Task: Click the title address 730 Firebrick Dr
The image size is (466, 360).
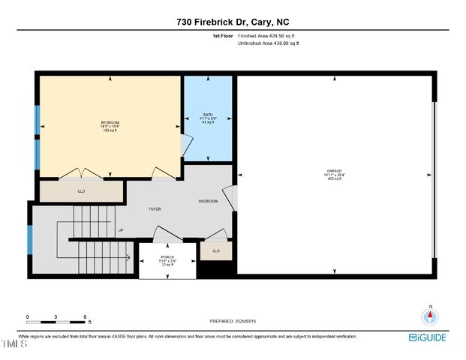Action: (233, 22)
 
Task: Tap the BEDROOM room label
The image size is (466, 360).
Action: (110, 122)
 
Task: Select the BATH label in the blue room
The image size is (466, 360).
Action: (208, 115)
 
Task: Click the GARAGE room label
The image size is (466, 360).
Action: (334, 171)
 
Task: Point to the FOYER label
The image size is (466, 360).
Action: (155, 208)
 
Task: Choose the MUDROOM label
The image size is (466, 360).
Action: (208, 201)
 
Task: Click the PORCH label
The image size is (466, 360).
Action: (167, 256)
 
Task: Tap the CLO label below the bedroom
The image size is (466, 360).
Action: (81, 191)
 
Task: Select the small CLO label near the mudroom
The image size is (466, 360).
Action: (216, 250)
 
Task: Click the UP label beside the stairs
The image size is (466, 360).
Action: (120, 230)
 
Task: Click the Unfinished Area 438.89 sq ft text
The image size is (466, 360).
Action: (268, 44)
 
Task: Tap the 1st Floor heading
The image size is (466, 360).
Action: (224, 35)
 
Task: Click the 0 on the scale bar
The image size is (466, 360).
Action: (28, 317)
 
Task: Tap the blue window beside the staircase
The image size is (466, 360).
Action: (30, 238)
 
